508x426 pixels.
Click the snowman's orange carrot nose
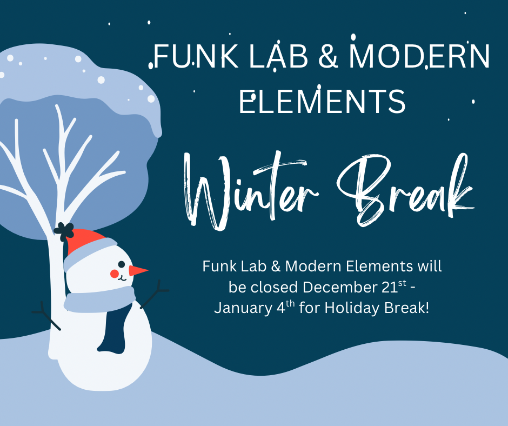click(x=138, y=270)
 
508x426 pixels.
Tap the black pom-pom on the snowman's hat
click(x=64, y=231)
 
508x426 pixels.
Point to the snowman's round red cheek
click(x=115, y=274)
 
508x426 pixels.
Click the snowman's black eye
click(x=122, y=264)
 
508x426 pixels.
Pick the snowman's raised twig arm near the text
click(x=155, y=294)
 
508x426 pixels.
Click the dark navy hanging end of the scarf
click(x=112, y=328)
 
